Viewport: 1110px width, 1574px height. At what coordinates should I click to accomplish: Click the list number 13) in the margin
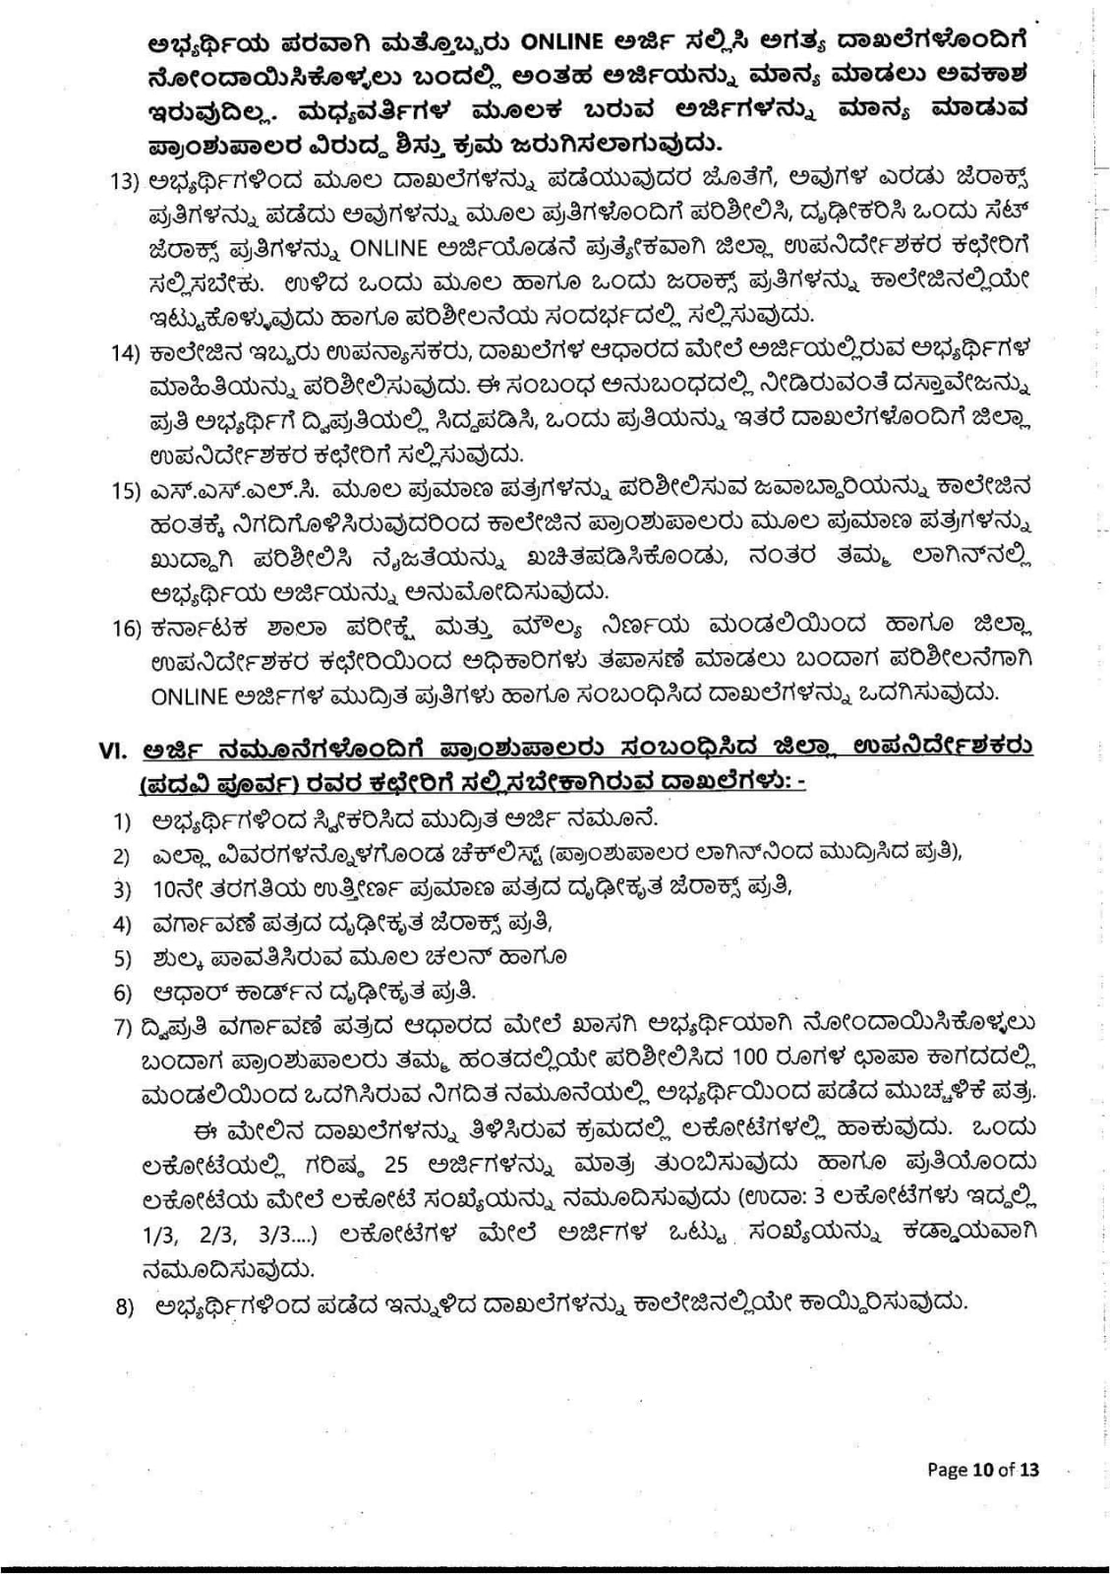128,183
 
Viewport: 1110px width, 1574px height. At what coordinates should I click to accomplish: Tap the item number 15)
128,489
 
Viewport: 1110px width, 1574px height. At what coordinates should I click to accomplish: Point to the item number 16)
128,626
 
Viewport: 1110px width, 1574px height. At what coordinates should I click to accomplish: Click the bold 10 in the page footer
982,1471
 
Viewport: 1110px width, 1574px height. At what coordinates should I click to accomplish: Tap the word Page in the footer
948,1471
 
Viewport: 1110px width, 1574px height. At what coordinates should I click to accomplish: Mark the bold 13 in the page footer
1028,1471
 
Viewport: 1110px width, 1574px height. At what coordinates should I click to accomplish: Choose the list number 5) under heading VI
122,958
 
